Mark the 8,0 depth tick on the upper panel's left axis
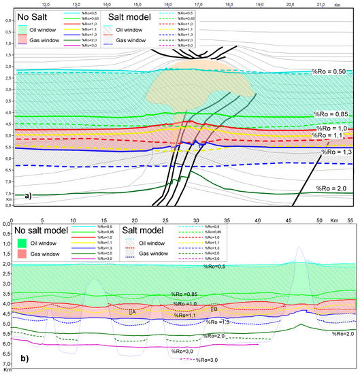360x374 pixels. [7, 205]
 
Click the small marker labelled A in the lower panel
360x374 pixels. [131, 312]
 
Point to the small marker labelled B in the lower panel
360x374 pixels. [214, 309]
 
